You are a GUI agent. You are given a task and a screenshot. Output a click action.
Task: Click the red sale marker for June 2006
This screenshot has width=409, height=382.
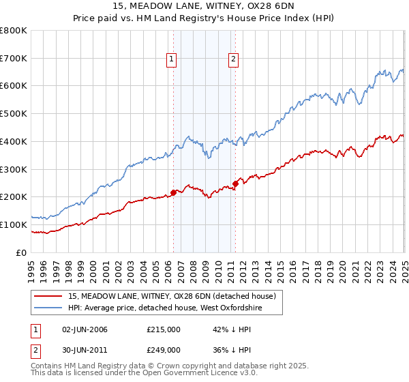click(x=173, y=192)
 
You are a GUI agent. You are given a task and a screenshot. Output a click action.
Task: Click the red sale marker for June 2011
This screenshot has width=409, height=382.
click(x=236, y=183)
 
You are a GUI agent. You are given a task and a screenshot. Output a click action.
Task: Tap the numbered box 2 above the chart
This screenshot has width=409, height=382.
click(x=233, y=59)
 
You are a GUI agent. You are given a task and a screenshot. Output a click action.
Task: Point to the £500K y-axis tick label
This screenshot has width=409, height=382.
click(x=14, y=114)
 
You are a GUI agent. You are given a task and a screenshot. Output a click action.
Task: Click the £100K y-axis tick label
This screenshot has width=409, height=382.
click(x=14, y=224)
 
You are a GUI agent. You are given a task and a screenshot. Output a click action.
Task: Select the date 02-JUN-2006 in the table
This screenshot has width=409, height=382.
click(x=85, y=329)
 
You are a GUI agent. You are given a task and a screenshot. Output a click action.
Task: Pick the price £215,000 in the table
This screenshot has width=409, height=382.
click(x=163, y=329)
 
